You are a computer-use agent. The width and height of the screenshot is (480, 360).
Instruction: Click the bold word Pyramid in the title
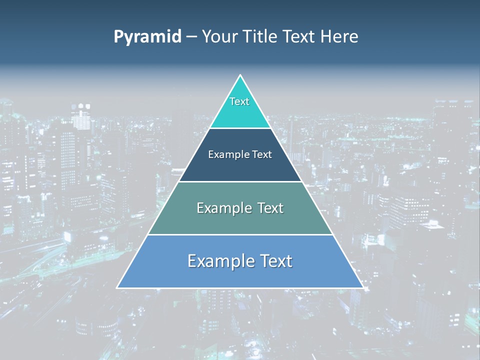tap(147, 37)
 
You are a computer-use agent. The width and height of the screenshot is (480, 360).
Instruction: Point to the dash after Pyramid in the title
tap(191, 37)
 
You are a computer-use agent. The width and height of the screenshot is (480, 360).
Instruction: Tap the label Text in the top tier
tap(239, 101)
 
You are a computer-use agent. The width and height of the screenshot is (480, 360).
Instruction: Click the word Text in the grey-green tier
tap(268, 208)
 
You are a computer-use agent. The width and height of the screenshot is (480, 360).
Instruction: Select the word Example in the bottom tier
tap(218, 261)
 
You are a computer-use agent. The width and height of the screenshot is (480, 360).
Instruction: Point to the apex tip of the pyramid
tap(240, 76)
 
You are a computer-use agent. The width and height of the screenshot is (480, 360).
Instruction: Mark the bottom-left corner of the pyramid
tap(117, 287)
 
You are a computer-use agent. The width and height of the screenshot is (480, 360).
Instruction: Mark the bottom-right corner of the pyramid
tap(362, 287)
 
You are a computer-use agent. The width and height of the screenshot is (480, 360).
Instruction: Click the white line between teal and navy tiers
tap(240, 128)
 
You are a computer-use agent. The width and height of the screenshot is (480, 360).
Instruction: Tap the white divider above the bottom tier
tap(240, 234)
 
